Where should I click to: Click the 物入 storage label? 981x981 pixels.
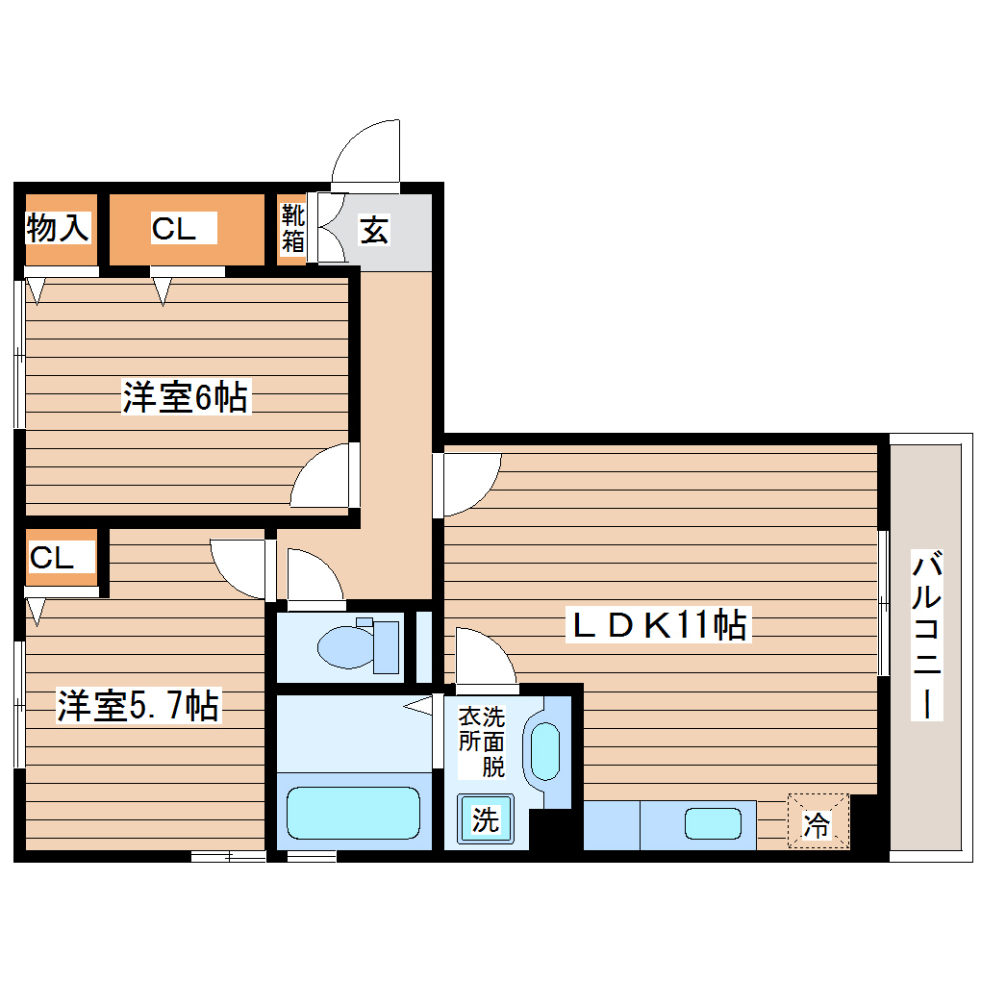(58, 229)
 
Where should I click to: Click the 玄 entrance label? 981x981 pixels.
(374, 230)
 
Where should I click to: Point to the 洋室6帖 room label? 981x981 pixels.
(186, 396)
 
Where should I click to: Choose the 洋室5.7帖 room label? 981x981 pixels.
(138, 706)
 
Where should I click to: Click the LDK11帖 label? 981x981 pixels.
(660, 626)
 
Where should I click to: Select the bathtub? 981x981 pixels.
(353, 813)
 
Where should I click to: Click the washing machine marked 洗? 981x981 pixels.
(486, 820)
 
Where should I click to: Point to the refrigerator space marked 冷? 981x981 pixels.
(817, 823)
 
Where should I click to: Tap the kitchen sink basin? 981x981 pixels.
(713, 824)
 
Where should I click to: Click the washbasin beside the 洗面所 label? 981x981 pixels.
(545, 751)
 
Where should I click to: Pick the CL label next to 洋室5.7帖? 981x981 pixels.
(52, 558)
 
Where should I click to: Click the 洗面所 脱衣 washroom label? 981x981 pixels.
(481, 742)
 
